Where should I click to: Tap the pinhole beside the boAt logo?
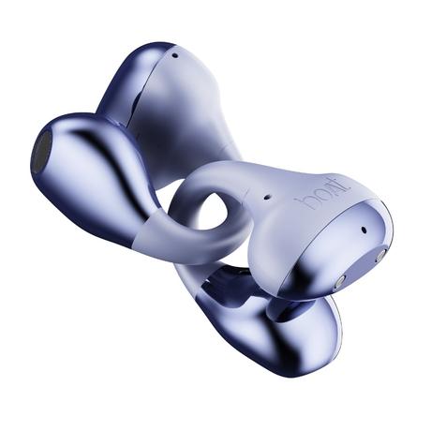tap(266, 198)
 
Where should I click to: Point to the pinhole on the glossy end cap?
tap(364, 230)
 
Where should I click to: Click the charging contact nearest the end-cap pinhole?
tap(379, 257)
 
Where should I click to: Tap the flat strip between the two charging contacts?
tap(359, 269)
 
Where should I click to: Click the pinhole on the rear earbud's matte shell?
tap(175, 56)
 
